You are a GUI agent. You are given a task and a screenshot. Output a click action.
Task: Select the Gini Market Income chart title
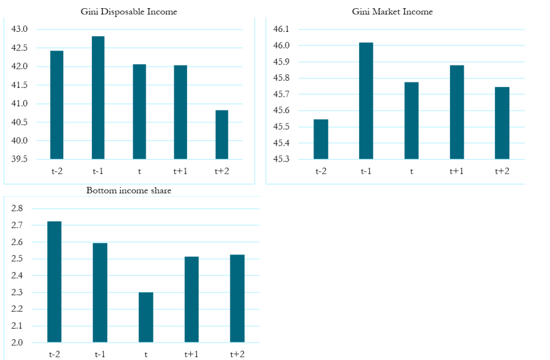(x=392, y=12)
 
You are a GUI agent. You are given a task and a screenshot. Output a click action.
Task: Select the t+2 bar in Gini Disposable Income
(x=222, y=135)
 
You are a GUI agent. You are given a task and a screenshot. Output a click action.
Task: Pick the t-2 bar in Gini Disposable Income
(x=57, y=105)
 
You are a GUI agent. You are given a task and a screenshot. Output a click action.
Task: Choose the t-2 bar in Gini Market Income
(x=321, y=140)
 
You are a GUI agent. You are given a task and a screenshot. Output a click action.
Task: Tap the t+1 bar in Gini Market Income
(x=457, y=113)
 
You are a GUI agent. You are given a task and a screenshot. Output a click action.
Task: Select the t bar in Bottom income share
(x=146, y=317)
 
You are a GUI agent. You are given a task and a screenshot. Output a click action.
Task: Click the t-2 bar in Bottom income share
(x=54, y=282)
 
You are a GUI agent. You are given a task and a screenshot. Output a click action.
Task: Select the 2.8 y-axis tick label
(x=17, y=208)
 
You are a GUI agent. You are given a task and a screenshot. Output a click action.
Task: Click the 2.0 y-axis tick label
(x=17, y=342)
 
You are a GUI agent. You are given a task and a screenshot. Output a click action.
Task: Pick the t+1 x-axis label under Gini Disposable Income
(x=180, y=171)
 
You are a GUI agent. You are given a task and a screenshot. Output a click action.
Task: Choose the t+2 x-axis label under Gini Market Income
(x=501, y=171)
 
